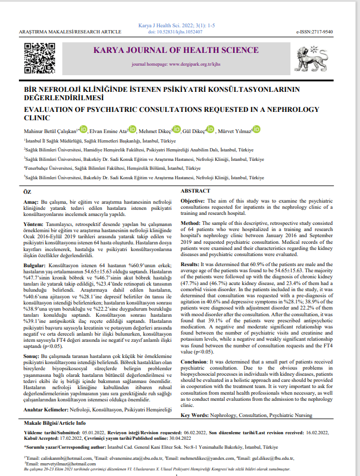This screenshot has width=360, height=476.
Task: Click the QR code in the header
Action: (37, 56)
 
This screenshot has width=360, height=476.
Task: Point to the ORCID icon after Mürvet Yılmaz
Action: (257, 130)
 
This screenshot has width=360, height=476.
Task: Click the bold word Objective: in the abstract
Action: (194, 200)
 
